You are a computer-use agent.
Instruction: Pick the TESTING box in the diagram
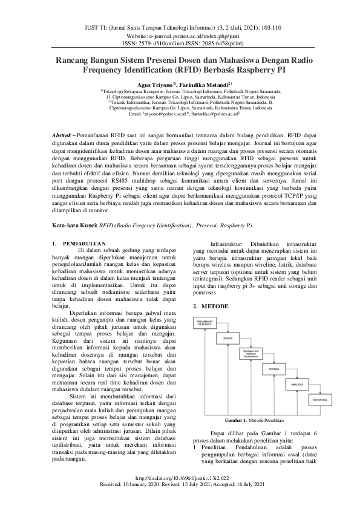274,368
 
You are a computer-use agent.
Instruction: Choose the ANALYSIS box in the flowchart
296,384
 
